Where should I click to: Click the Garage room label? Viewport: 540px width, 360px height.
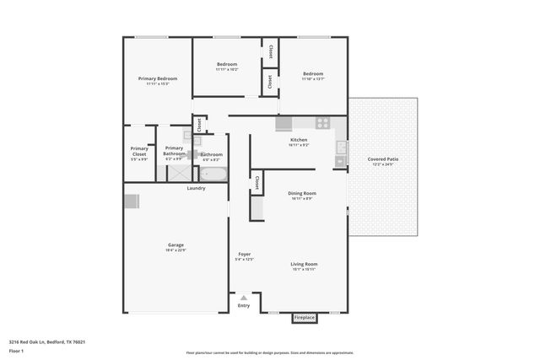[x=175, y=245]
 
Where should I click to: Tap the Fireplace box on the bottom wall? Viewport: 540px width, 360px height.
[x=304, y=318]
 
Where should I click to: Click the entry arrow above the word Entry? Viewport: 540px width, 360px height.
[x=244, y=298]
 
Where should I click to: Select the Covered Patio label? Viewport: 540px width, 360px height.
[x=383, y=159]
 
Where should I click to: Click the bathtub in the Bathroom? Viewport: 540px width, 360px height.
[x=213, y=175]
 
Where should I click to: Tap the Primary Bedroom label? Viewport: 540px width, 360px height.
[x=158, y=78]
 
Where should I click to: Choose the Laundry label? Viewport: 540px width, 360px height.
[x=196, y=188]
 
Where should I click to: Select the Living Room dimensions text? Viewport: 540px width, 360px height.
[x=304, y=270]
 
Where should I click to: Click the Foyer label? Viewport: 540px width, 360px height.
[x=244, y=254]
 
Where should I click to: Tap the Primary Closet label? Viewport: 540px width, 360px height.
[x=139, y=152]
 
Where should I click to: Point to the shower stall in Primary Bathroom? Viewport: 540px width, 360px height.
[x=179, y=173]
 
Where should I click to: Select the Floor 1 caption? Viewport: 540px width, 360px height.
[x=18, y=351]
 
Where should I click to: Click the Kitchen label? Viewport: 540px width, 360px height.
[x=299, y=140]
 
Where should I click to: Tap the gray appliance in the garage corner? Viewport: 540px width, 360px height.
[x=131, y=201]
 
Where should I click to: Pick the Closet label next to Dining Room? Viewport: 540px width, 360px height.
[x=256, y=184]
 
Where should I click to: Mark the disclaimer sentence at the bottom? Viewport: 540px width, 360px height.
[x=269, y=352]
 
